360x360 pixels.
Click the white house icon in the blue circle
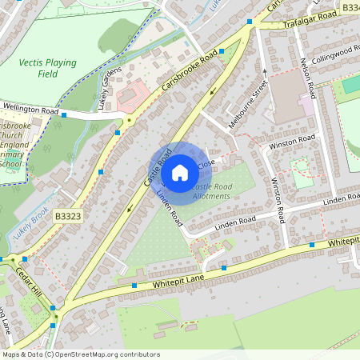click(180, 172)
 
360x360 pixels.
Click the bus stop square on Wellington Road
click(64, 115)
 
